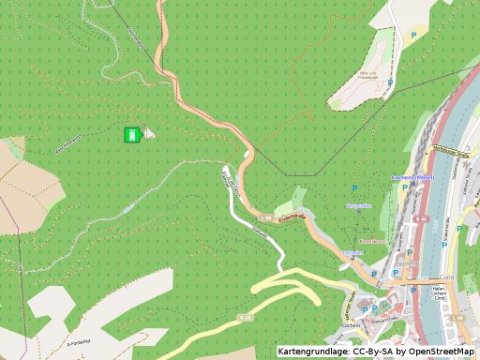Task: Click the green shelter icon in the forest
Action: pyautogui.click(x=133, y=135)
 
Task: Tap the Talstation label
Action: pyautogui.click(x=352, y=253)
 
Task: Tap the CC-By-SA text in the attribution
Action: pyautogui.click(x=369, y=352)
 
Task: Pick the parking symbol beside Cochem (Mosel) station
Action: pyautogui.click(x=405, y=187)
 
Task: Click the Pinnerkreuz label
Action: pyautogui.click(x=373, y=242)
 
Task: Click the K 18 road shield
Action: pyautogui.click(x=246, y=319)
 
